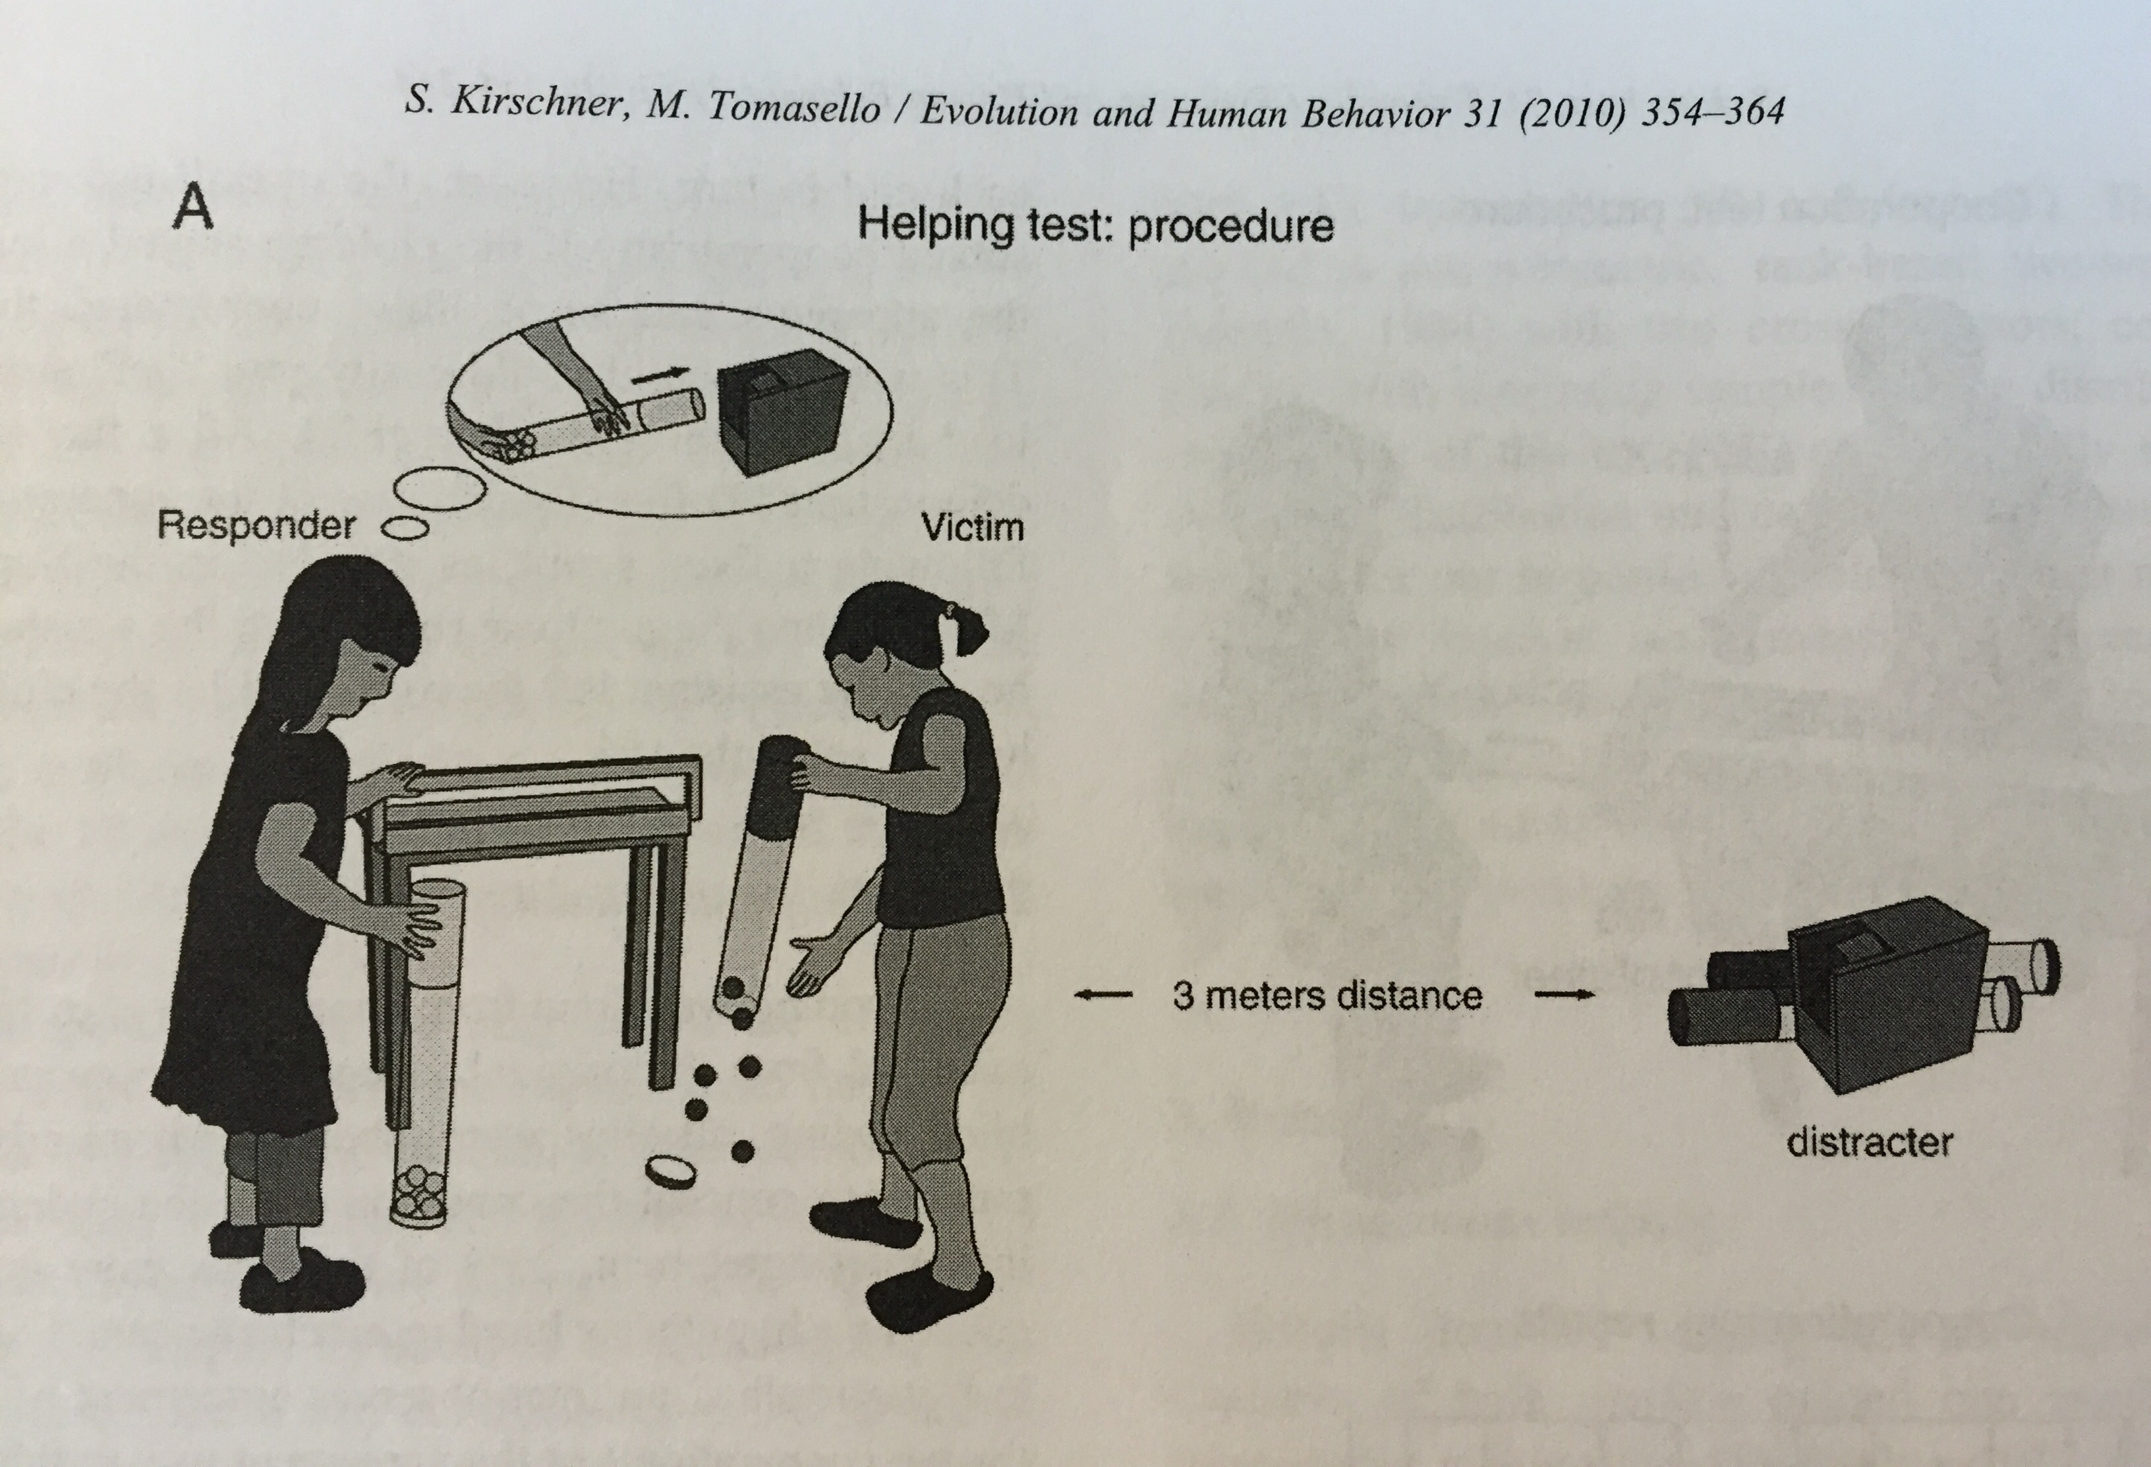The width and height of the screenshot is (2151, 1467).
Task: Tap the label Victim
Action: pos(972,528)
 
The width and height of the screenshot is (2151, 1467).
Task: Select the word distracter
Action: pos(1869,1142)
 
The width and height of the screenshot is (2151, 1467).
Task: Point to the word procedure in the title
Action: pos(1231,227)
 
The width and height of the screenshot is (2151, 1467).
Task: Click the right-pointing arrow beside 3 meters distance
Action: pos(1564,996)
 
